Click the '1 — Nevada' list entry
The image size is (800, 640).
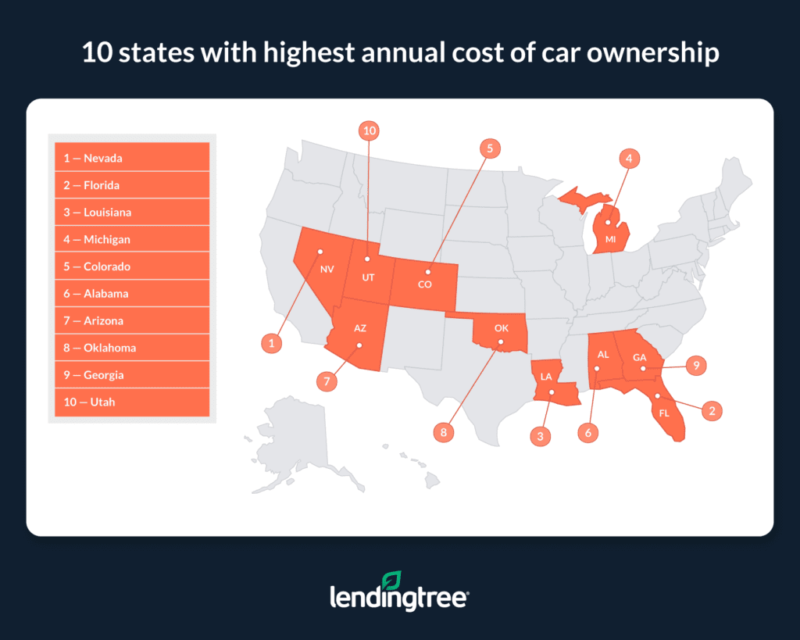(131, 158)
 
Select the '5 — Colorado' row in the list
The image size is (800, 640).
(131, 266)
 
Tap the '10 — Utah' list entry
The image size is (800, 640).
(131, 402)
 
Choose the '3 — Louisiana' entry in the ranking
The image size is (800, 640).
(131, 213)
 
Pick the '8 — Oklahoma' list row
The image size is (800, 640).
(131, 348)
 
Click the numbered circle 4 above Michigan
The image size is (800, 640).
(628, 159)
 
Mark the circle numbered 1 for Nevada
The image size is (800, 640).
(271, 342)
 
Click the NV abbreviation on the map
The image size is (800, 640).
(326, 266)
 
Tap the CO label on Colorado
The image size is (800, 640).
(424, 284)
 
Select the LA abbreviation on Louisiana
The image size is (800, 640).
(547, 377)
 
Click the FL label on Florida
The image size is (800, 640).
(665, 413)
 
